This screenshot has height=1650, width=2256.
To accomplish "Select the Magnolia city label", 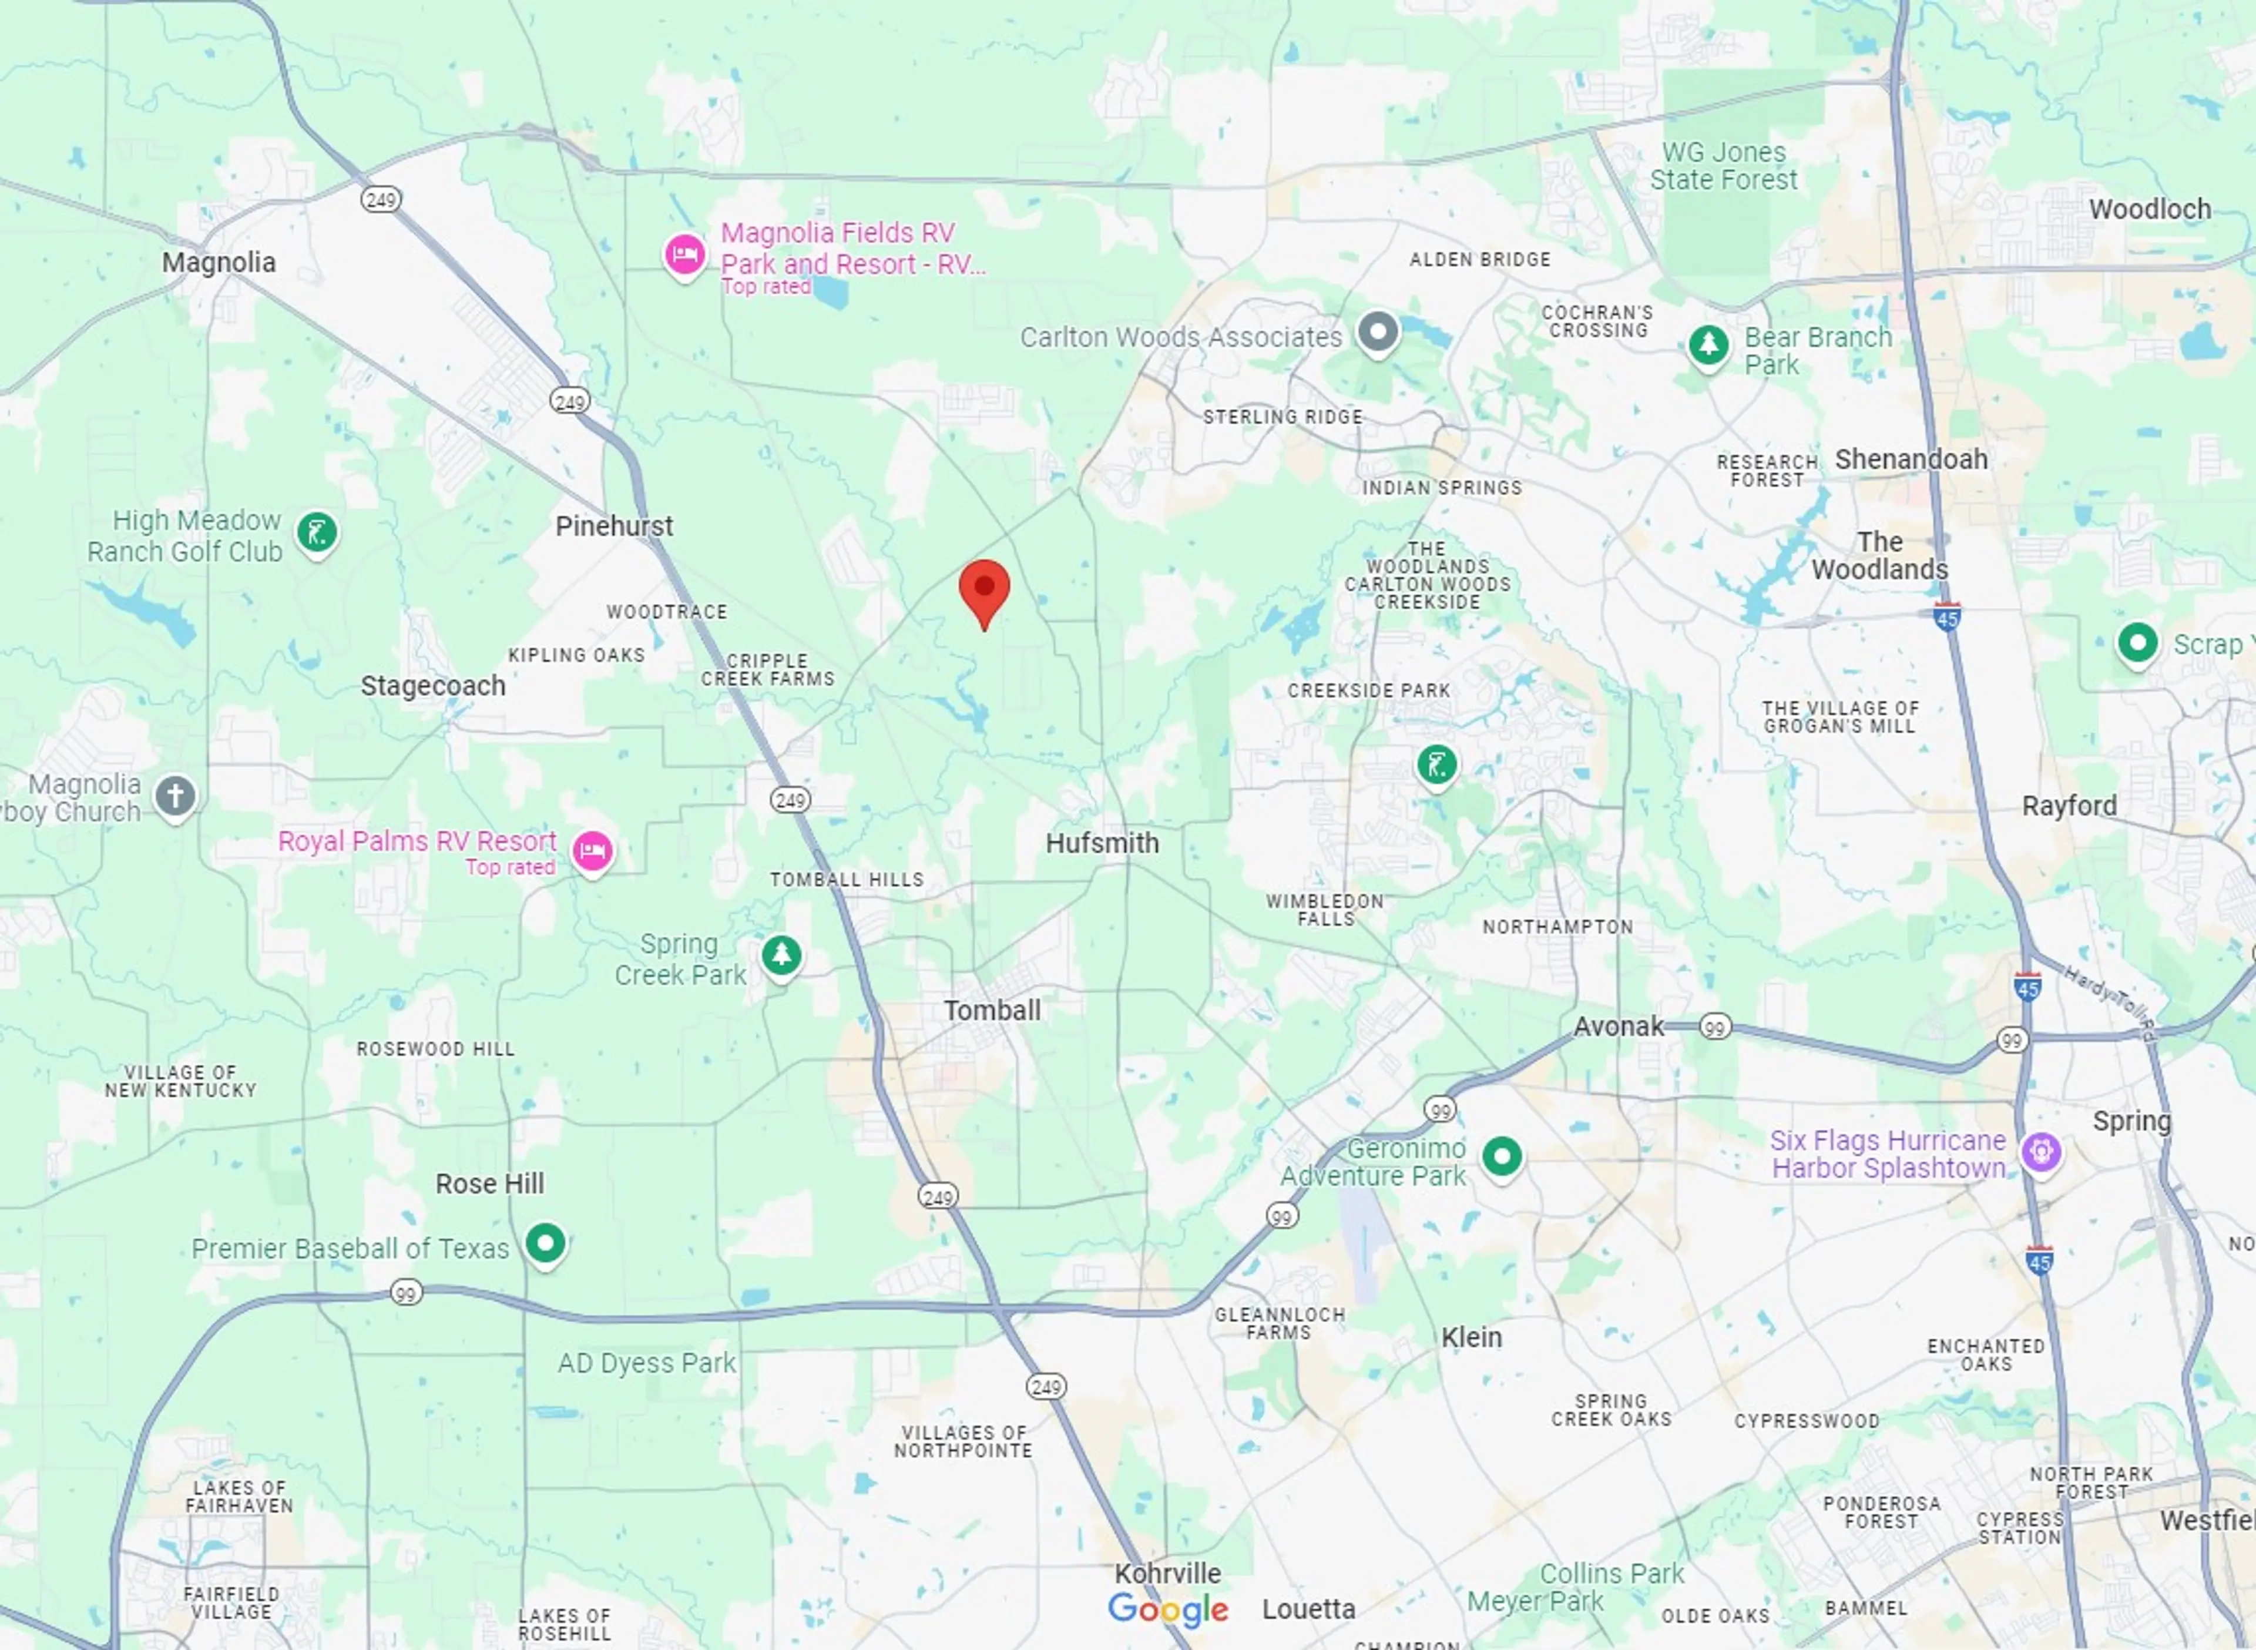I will (219, 263).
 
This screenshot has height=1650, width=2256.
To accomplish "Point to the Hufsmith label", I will (1102, 843).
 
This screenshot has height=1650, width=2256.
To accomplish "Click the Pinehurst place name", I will (613, 526).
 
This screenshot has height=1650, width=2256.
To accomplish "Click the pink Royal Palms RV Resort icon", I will (592, 851).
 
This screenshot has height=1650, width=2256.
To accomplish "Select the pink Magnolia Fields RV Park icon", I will (685, 254).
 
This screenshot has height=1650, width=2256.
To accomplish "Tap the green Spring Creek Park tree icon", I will (781, 955).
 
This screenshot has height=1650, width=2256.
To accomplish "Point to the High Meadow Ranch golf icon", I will (317, 532).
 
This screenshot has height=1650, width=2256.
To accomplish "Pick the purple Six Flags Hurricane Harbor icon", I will (2040, 1152).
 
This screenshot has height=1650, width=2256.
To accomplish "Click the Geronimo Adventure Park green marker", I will (1501, 1156).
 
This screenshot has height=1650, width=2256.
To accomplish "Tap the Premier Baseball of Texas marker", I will (545, 1243).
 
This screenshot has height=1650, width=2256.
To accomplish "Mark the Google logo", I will (1167, 1609).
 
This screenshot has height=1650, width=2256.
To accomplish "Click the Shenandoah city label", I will (1911, 460).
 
